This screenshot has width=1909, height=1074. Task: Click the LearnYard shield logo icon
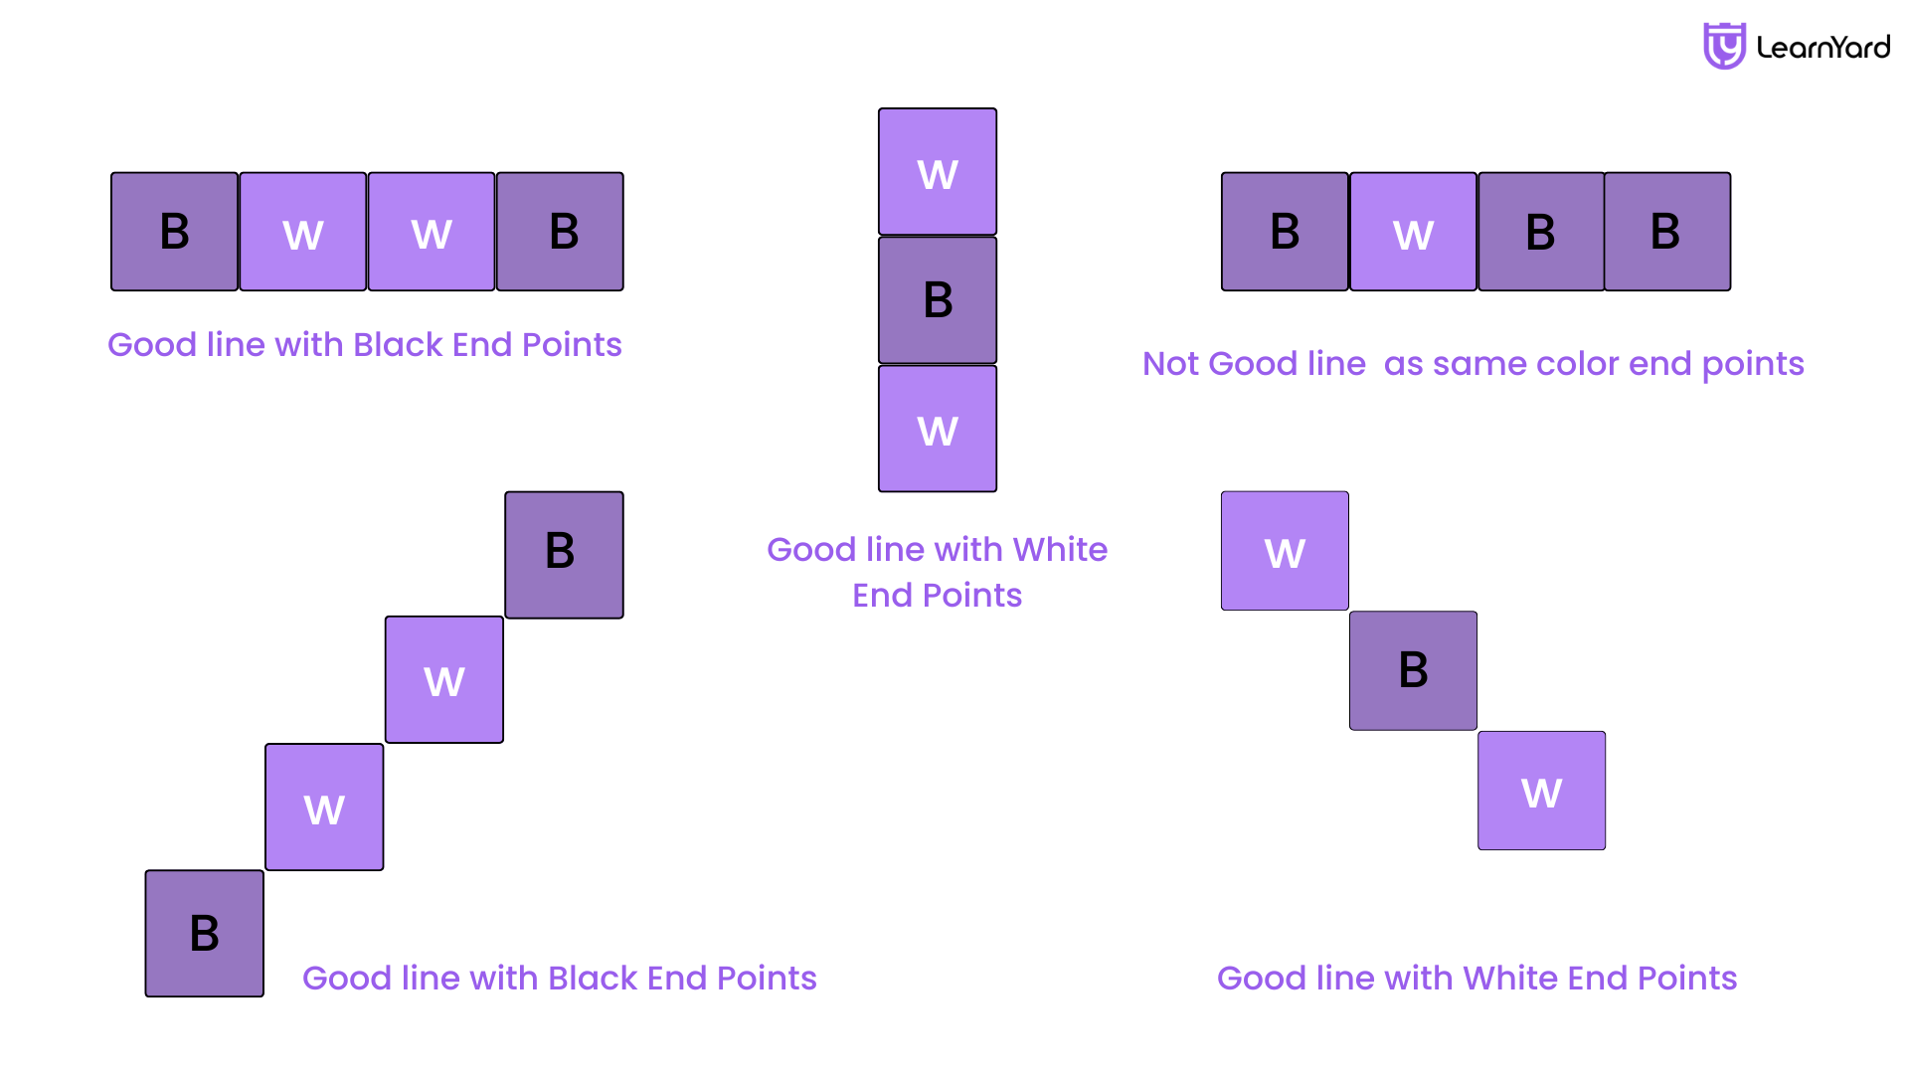[1724, 46]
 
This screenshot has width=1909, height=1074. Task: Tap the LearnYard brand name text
[1823, 47]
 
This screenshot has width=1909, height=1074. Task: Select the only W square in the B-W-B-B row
[1413, 232]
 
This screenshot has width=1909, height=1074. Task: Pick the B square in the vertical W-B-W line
[938, 300]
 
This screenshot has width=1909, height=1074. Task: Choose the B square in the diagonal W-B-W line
[1413, 671]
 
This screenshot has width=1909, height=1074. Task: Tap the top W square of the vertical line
[938, 172]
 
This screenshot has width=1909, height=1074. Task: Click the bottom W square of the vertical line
[938, 429]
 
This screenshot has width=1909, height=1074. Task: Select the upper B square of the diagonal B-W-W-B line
[564, 555]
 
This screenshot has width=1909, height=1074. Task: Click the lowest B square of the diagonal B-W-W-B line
[205, 934]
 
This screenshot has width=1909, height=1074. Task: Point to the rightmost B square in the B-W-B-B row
[1667, 232]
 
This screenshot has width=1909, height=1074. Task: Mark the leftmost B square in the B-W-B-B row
[1285, 232]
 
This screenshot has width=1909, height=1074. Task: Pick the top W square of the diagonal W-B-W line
[1285, 551]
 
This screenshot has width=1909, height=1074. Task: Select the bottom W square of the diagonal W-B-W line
[1541, 791]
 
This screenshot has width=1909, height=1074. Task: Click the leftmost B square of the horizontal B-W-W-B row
[174, 232]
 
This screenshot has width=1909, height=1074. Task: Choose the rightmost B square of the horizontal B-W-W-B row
[560, 232]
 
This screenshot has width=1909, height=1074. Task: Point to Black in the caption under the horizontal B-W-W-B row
[398, 345]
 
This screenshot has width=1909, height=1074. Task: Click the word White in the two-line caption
[1060, 550]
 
